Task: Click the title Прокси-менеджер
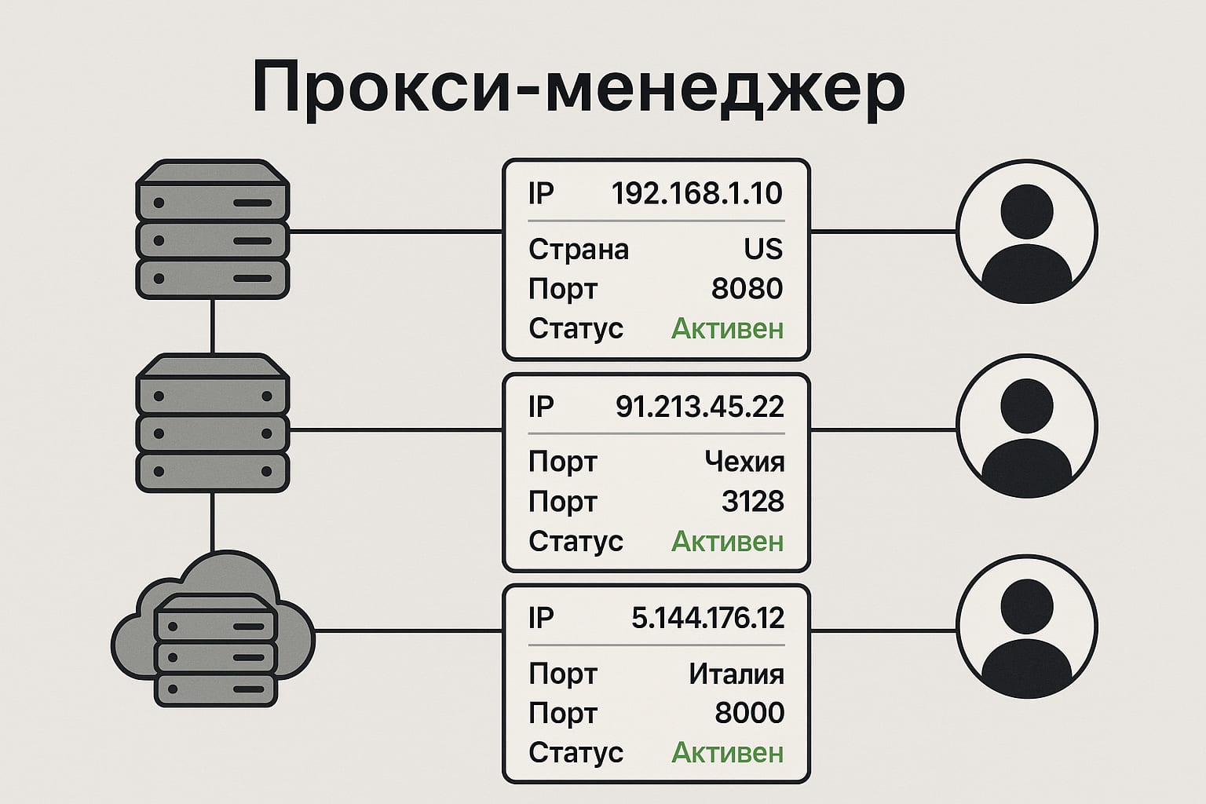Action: [x=579, y=88]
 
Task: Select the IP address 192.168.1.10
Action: [x=696, y=193]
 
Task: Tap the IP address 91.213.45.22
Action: [x=700, y=407]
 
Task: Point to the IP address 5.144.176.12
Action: [x=707, y=619]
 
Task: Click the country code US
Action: [x=763, y=249]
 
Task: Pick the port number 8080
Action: [x=747, y=289]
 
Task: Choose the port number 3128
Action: [x=752, y=501]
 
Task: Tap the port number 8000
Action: [x=749, y=713]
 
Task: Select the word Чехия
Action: [x=744, y=462]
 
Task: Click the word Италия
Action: [x=736, y=674]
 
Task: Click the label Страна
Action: [x=579, y=250]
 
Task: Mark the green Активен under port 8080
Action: [x=727, y=328]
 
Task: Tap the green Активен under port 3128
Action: [x=727, y=541]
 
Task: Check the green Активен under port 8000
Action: [x=727, y=753]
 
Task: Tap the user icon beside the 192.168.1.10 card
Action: [x=1027, y=232]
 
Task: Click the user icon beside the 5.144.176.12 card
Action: [x=1027, y=627]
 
